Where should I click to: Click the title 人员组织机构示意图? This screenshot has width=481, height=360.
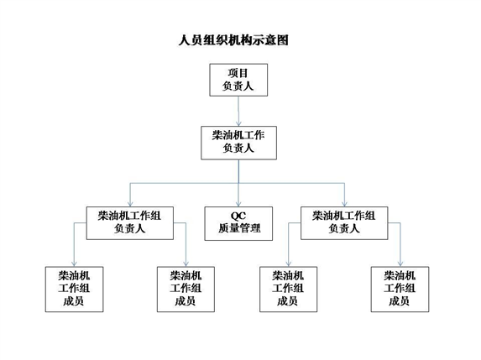point(233,40)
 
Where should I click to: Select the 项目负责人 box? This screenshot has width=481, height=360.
point(238,80)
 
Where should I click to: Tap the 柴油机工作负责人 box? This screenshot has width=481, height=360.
point(238,143)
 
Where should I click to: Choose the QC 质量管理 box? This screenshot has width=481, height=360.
point(238,223)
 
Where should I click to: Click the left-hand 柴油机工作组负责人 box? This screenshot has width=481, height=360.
point(130,223)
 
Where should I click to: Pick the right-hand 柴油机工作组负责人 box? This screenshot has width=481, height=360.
point(344,223)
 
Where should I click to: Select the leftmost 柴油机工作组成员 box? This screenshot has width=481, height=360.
point(74,290)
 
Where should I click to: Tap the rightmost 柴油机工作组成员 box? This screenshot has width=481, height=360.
point(400,290)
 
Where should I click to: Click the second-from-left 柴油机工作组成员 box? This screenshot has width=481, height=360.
point(186,290)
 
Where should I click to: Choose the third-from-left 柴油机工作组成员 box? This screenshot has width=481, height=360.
point(289,290)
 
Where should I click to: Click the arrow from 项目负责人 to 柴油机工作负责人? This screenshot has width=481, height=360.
point(238,111)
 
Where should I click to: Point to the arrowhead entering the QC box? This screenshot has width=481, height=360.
point(238,204)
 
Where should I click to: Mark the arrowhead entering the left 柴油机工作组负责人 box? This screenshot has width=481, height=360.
point(130,204)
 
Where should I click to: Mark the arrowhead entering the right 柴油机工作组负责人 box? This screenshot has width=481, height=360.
point(344,204)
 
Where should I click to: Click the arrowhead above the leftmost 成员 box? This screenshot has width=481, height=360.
point(74,263)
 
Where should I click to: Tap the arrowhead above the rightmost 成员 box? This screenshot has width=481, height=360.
point(400,263)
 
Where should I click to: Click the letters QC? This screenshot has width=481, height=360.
point(238,216)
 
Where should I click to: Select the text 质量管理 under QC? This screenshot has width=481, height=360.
point(239,228)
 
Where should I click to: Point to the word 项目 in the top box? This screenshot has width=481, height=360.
point(238,73)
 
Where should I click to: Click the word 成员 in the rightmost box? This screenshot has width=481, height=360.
point(399,301)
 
